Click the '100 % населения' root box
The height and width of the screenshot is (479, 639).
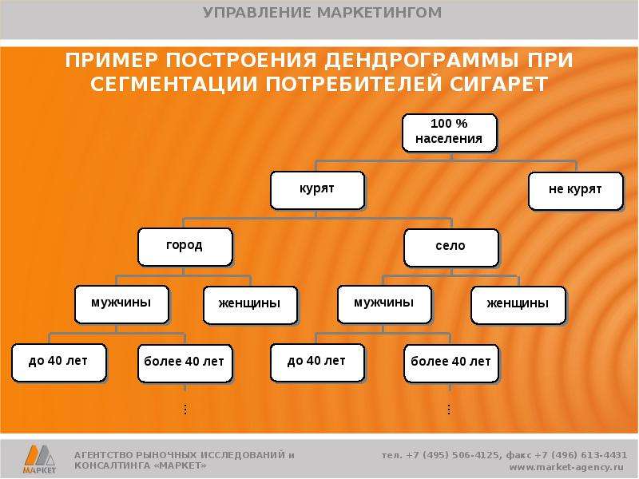[x=450, y=133]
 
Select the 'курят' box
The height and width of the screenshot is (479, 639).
[x=317, y=190]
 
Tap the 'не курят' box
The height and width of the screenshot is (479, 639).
[x=576, y=191]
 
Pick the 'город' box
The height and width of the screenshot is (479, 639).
[x=185, y=247]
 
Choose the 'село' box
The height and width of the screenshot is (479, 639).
[x=451, y=247]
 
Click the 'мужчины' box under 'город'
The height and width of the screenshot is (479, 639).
[x=121, y=304]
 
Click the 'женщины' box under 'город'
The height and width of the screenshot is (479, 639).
[x=250, y=305]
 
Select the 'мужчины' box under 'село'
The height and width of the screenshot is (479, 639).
[x=384, y=304]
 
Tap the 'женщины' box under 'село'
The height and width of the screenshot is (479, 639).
[x=518, y=305]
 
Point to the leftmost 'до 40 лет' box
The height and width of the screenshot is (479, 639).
[x=58, y=362]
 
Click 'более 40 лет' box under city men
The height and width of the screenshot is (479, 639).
[x=185, y=363]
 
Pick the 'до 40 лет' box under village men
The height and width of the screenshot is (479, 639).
[x=317, y=362]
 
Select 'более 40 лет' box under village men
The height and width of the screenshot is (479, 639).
[x=451, y=363]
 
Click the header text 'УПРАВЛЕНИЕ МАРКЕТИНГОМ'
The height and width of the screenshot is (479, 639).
[x=323, y=13]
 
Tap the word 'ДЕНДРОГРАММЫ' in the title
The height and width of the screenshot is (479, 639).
[x=422, y=61]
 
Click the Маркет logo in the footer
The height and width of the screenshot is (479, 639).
[x=39, y=459]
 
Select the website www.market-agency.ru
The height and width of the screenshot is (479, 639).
[x=566, y=467]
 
